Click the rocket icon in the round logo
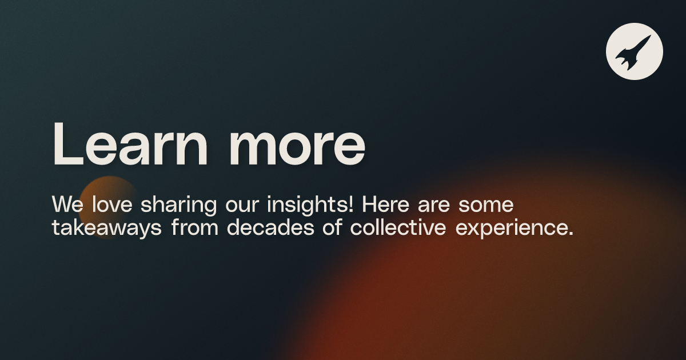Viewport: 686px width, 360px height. (x=634, y=51)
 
